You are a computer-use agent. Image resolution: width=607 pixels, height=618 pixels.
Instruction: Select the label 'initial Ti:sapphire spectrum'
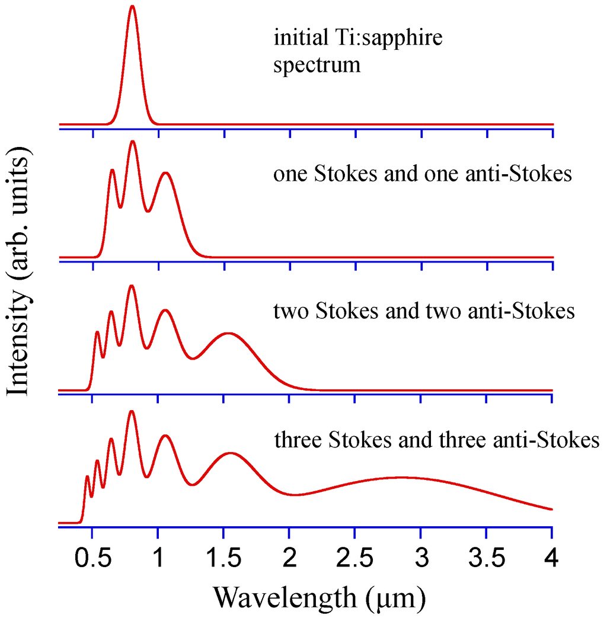click(x=358, y=51)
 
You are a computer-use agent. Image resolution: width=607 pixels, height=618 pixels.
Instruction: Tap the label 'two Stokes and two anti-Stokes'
click(x=424, y=310)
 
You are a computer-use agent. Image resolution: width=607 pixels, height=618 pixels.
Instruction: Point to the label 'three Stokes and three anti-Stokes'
click(x=437, y=440)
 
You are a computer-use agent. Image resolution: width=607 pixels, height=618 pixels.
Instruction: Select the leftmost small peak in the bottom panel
click(x=87, y=476)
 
